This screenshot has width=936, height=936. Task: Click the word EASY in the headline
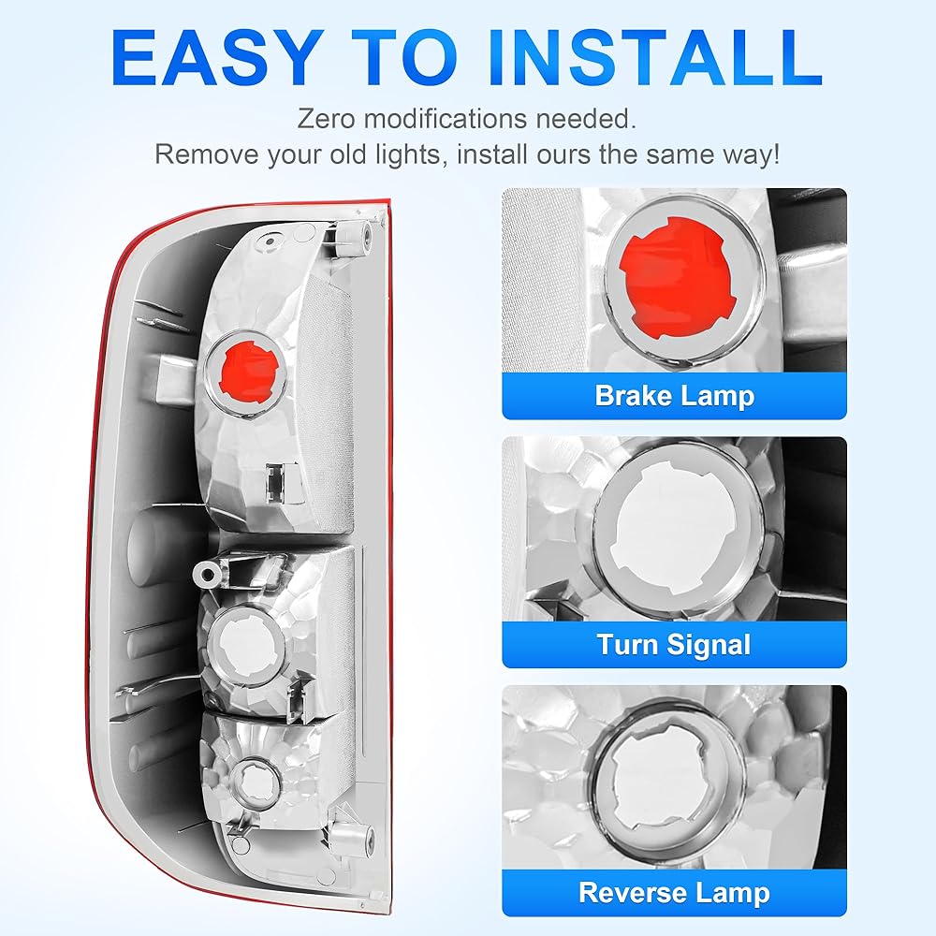pyautogui.click(x=214, y=58)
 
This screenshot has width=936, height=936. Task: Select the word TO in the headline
pyautogui.click(x=404, y=58)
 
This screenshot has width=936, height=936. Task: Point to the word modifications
pyautogui.click(x=446, y=119)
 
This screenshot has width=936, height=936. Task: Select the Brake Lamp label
pyautogui.click(x=675, y=396)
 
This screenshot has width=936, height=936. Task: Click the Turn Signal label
pyautogui.click(x=674, y=645)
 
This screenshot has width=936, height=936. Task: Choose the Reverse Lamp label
pyautogui.click(x=674, y=893)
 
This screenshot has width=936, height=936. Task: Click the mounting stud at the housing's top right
pyautogui.click(x=354, y=235)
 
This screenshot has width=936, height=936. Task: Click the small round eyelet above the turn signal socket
pyautogui.click(x=207, y=575)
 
